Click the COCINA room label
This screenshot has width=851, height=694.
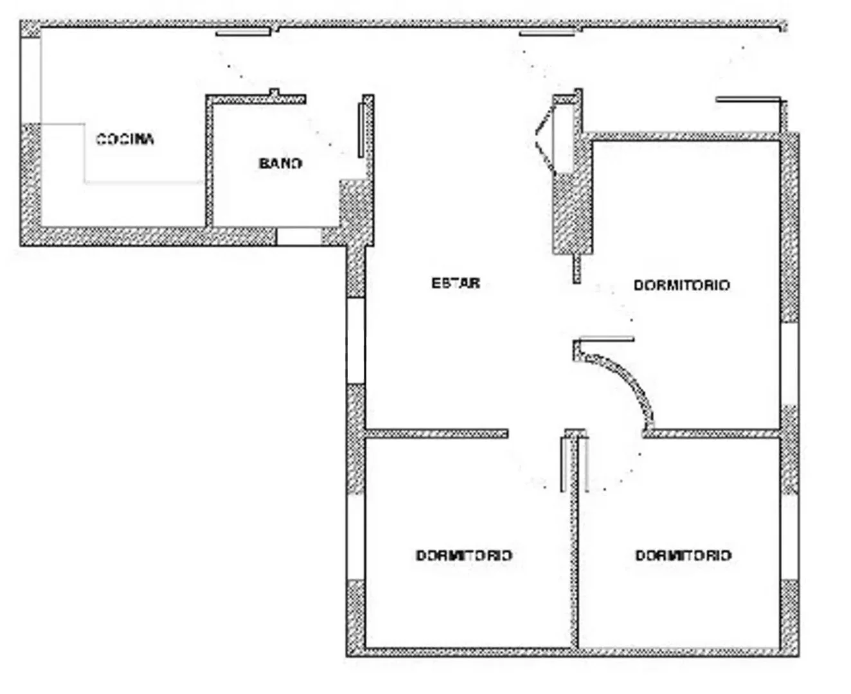125,139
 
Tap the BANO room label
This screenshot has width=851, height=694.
280,163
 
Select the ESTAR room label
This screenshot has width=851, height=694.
456,283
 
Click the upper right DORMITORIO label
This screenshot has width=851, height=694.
682,285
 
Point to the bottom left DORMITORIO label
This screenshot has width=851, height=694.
464,556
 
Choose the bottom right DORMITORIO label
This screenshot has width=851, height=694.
683,556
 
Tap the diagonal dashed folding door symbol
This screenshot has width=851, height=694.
546,139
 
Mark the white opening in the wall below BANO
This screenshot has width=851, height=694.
299,236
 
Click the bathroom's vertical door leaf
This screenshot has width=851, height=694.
361,130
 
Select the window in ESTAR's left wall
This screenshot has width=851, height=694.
356,341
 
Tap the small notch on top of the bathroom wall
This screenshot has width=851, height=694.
274,92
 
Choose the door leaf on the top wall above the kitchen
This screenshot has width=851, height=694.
243,33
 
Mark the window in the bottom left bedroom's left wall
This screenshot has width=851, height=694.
356,537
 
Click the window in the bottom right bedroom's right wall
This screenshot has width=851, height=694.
790,537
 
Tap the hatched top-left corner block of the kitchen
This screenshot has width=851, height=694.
30,30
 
